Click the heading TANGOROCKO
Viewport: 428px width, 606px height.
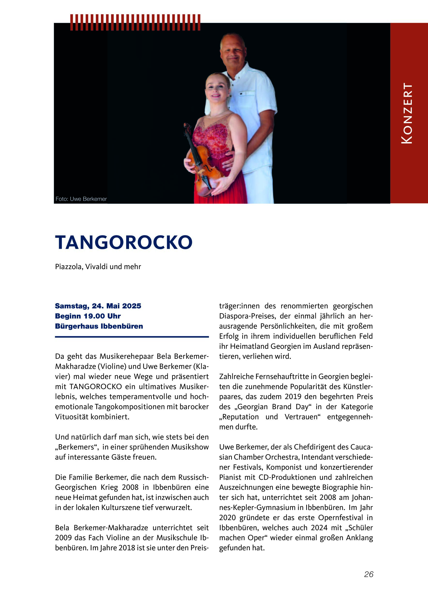point(124,242)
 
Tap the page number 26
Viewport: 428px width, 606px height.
point(369,574)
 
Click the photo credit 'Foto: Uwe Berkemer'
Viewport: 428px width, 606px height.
point(81,199)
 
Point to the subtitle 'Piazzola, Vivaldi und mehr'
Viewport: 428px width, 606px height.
point(98,267)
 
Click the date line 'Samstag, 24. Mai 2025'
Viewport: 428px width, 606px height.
point(98,306)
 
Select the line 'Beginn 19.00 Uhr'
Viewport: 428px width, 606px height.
point(88,316)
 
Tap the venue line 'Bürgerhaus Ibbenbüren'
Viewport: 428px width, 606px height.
point(99,326)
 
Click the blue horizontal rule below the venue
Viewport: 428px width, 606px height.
point(132,337)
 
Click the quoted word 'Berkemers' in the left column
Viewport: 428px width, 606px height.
point(77,447)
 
